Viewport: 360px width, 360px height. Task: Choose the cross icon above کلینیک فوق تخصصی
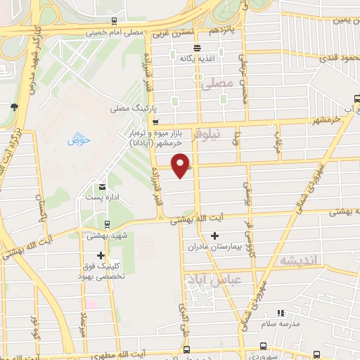click(101, 256)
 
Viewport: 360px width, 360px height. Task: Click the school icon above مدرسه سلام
click(280, 312)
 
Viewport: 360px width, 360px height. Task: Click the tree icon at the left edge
click(14, 107)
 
